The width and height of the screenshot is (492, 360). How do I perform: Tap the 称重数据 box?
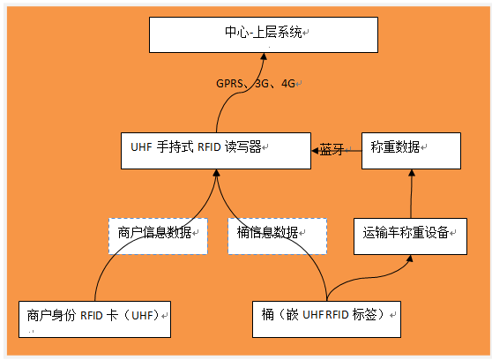(x=411, y=150)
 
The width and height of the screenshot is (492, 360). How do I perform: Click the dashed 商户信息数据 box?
(x=158, y=235)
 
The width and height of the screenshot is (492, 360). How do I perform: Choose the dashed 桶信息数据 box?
(x=277, y=235)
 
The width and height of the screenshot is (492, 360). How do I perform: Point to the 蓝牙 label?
(x=332, y=150)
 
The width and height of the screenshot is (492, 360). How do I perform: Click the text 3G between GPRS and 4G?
(x=262, y=84)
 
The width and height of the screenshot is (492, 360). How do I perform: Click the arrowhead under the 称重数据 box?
(x=411, y=173)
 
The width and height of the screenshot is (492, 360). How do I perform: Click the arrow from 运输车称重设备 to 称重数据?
(x=411, y=194)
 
